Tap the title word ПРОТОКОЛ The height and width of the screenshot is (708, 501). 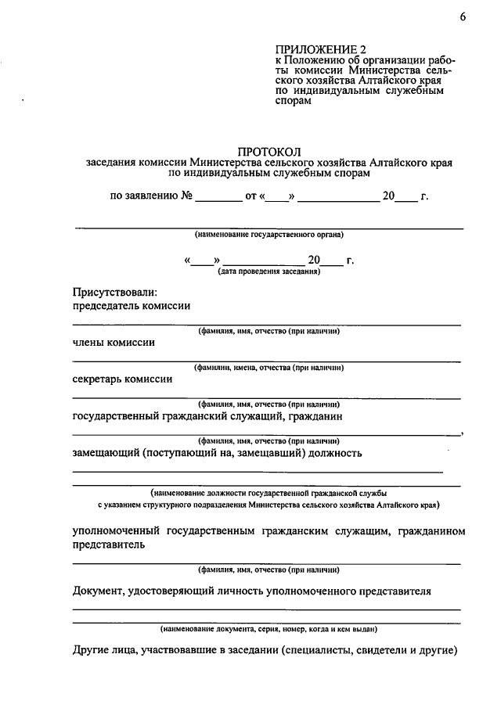(x=269, y=150)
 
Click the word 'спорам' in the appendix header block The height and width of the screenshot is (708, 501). (x=293, y=101)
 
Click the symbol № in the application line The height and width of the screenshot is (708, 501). (x=186, y=196)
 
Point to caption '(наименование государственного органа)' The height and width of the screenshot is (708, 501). (x=269, y=235)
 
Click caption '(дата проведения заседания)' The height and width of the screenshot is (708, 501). (x=269, y=271)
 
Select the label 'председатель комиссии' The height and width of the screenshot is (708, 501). (x=132, y=307)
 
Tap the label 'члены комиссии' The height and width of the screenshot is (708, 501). (x=114, y=343)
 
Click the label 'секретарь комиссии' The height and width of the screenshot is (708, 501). (x=122, y=379)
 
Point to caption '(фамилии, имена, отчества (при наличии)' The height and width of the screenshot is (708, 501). (x=269, y=368)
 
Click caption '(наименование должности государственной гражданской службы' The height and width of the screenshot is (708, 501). (x=269, y=494)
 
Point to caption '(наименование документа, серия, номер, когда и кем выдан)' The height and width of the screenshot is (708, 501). (x=269, y=628)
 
